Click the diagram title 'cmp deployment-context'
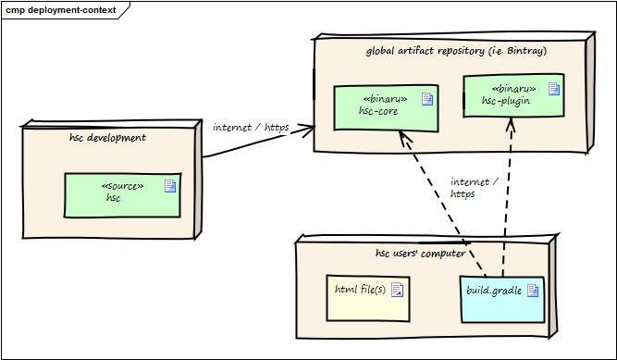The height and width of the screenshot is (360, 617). coord(61,10)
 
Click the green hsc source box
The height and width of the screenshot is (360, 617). coord(121,194)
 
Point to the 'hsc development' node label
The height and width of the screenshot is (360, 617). coord(107,138)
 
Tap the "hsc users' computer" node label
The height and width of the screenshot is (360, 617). coord(420,253)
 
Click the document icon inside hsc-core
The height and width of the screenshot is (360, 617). coord(427,99)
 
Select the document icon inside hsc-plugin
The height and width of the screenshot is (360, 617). coord(553,89)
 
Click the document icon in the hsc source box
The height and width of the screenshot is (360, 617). coord(169,186)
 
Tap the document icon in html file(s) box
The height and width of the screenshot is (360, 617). coord(397,291)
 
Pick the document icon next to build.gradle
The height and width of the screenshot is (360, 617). coord(532,291)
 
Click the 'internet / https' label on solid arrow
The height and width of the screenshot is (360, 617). coord(250,127)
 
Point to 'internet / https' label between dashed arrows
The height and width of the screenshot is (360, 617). coord(473,188)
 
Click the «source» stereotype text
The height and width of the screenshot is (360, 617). coord(121,185)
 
